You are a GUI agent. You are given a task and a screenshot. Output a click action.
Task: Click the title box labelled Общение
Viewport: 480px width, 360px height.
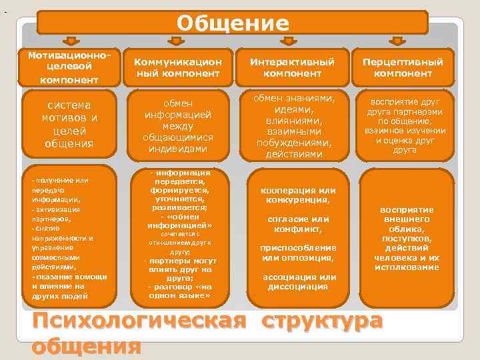(232, 23)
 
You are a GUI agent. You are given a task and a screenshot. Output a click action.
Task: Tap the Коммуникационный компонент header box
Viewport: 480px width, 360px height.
(178, 67)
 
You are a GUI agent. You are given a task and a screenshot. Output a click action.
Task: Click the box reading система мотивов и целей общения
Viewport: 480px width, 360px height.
(69, 124)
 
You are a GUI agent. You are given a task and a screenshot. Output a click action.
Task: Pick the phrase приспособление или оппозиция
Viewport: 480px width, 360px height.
(297, 253)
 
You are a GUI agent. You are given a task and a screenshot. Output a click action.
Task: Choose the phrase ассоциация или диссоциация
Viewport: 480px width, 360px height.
(299, 282)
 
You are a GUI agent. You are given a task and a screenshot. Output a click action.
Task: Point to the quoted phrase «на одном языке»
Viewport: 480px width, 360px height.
(178, 291)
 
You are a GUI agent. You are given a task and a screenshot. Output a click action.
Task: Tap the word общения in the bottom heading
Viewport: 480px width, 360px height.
(86, 347)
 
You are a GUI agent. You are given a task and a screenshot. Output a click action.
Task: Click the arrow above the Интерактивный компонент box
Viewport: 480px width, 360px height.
(289, 41)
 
